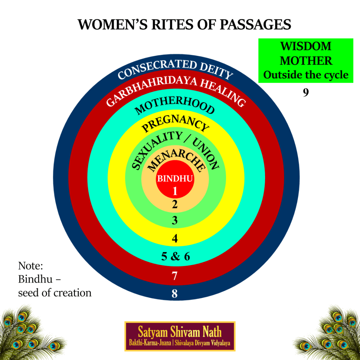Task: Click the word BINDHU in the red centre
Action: click(x=175, y=179)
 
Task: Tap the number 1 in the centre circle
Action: click(x=175, y=191)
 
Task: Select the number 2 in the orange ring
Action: click(x=175, y=204)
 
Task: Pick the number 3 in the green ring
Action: click(x=175, y=221)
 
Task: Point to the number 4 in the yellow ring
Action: click(x=175, y=239)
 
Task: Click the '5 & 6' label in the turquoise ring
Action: click(x=175, y=257)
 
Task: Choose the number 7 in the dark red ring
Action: click(x=175, y=276)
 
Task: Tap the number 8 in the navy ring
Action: click(x=175, y=294)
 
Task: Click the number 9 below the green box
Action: click(x=306, y=93)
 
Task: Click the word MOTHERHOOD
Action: click(x=175, y=105)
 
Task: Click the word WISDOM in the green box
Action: click(x=306, y=46)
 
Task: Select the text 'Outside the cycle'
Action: click(x=306, y=75)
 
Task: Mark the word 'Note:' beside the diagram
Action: click(x=30, y=265)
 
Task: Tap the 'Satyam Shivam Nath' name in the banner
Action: click(x=180, y=332)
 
